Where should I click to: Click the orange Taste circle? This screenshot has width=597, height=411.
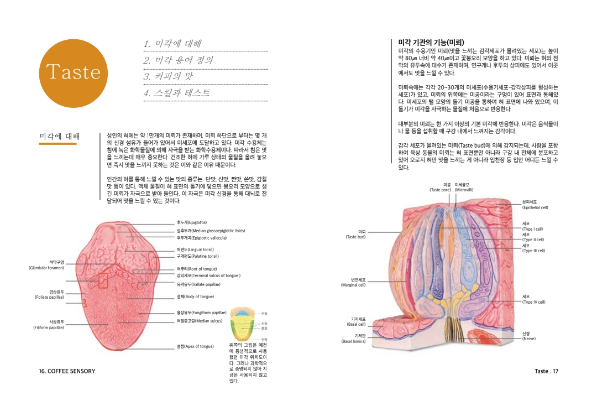(x=73, y=73)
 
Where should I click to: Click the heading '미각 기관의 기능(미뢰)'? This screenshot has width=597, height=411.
(x=431, y=42)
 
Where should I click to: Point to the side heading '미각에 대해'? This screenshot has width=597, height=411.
(x=59, y=136)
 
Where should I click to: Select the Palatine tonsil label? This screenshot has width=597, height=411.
(x=197, y=256)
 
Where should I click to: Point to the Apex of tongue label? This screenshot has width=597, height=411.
(x=195, y=346)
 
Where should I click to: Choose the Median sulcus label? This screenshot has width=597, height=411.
(x=199, y=320)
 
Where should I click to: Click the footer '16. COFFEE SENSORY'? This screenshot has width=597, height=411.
(x=67, y=371)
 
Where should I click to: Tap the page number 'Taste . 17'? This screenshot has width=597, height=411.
(x=546, y=371)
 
